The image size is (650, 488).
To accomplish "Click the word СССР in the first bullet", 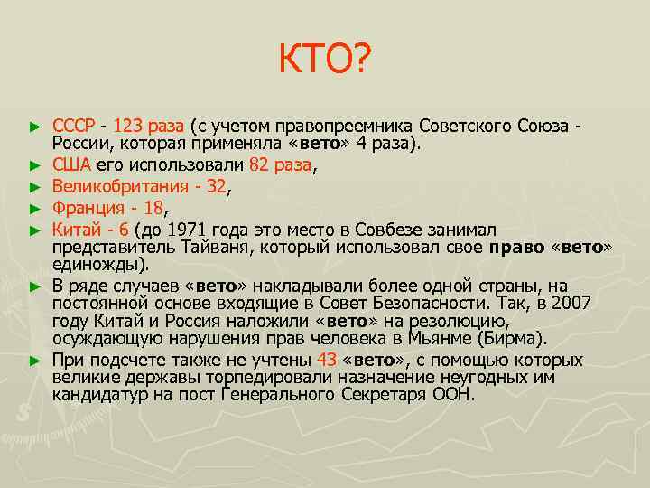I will pos(74,125).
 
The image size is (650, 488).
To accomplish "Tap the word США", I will pos(71,164).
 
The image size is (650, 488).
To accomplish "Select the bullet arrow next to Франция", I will pos(35,207).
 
